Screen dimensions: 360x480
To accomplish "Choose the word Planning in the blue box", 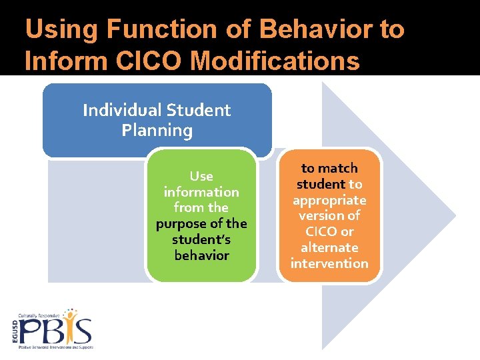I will tap(157, 131).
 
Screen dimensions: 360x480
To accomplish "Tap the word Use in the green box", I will tap(201, 176).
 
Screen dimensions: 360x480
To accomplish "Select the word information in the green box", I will tap(201, 192).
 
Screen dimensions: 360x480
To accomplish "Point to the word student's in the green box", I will tap(201, 239).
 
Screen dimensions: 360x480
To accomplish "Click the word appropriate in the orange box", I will tap(329, 200).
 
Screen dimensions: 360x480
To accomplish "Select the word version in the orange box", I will tap(329, 216).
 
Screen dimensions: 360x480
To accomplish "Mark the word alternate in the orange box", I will tap(329, 247).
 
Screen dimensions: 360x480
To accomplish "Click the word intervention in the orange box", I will tap(329, 263).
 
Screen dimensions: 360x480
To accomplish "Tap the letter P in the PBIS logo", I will tap(31, 331).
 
